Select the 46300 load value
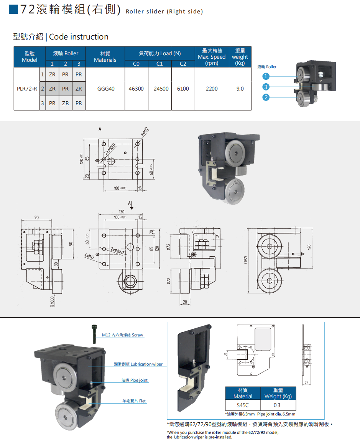[136, 89]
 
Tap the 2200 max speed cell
[212, 89]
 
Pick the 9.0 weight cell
[240, 89]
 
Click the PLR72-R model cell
[27, 89]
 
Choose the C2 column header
[183, 64]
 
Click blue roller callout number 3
[266, 87]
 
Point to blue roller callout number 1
[266, 76]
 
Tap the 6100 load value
[183, 89]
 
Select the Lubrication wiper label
[138, 364]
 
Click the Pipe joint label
[134, 380]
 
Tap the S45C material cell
[243, 405]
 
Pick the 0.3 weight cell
[277, 405]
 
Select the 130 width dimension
[122, 212]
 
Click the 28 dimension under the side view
[184, 303]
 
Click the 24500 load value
[161, 89]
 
